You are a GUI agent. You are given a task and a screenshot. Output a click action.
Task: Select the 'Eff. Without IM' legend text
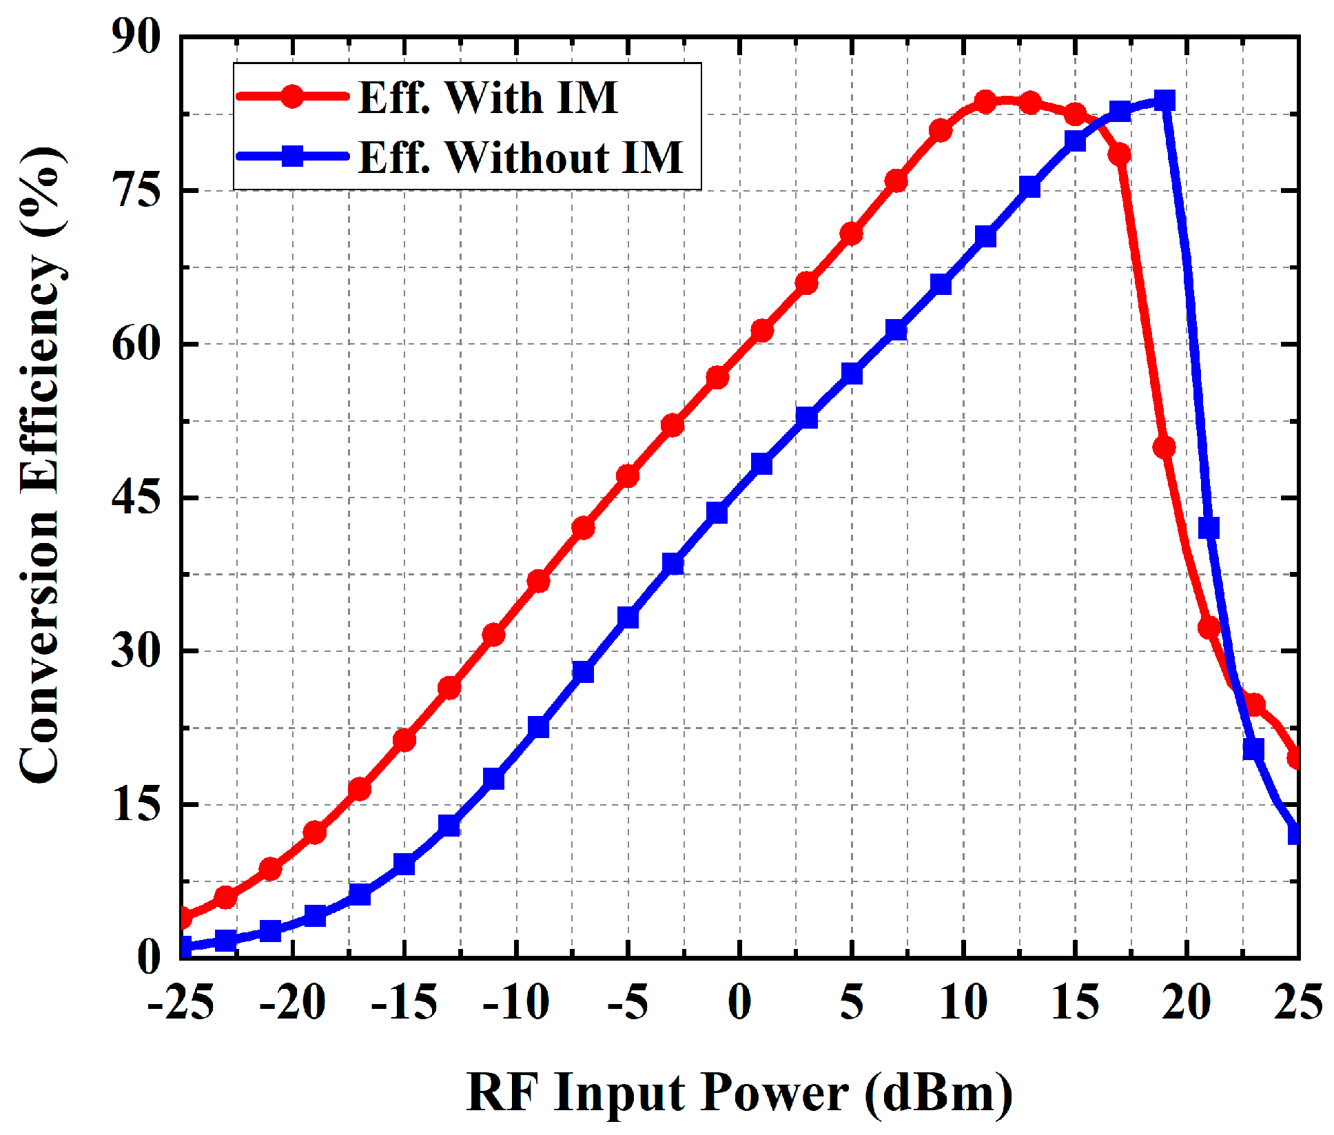(x=520, y=157)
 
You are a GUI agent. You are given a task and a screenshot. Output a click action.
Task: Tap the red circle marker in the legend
(x=293, y=96)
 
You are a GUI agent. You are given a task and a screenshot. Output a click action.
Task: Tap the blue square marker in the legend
(x=293, y=156)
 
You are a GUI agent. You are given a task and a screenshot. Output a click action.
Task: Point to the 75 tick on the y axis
(x=137, y=191)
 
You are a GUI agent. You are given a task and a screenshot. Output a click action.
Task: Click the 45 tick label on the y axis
(x=137, y=498)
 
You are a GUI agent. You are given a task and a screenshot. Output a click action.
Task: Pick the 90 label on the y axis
(x=137, y=37)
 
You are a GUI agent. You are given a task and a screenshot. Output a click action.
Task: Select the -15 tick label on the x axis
(x=404, y=1002)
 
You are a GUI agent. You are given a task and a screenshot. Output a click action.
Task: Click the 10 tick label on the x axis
(x=963, y=1002)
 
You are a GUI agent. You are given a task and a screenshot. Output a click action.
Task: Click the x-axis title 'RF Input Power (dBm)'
(x=739, y=1093)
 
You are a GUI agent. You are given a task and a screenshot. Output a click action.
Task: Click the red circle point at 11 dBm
(x=985, y=103)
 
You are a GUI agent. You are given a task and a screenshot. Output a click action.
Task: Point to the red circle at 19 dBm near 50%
(x=1164, y=447)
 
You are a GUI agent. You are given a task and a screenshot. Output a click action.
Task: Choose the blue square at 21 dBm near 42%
(x=1209, y=528)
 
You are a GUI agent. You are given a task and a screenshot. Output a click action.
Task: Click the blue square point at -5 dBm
(x=628, y=618)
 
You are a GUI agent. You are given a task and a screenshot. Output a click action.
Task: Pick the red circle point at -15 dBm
(x=404, y=740)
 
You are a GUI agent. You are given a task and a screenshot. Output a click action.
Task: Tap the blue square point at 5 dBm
(x=852, y=374)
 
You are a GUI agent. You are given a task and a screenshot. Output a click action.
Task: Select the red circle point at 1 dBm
(x=762, y=331)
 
